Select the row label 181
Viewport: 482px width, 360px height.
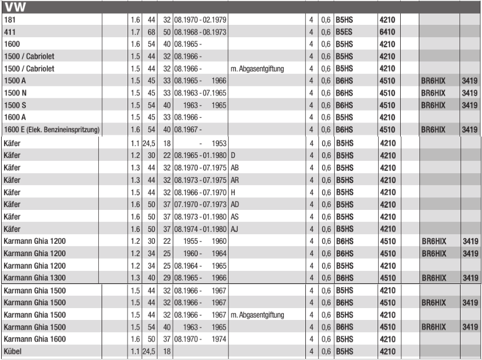9,20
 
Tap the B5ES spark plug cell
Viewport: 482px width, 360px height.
344,32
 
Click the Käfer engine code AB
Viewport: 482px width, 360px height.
235,168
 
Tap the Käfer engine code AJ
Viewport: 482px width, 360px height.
235,229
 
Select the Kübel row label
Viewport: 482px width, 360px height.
12,352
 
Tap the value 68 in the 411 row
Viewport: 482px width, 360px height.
152,32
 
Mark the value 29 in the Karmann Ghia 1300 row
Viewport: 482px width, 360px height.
167,278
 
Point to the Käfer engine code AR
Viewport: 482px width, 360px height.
235,180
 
